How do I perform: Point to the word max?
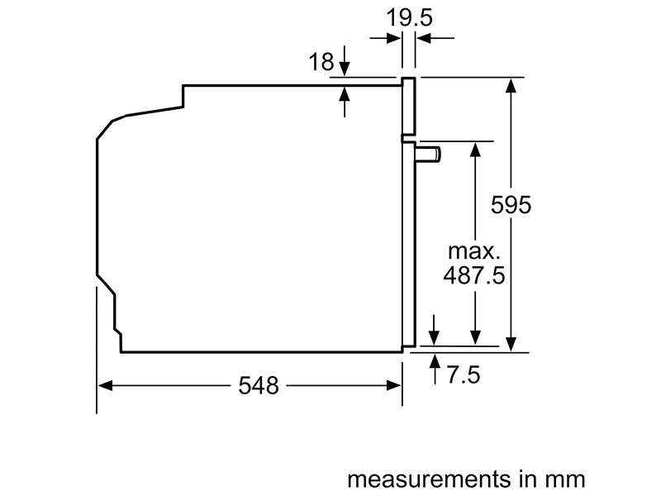tap(475, 250)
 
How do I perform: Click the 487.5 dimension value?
tap(474, 275)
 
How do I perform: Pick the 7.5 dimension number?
tap(463, 375)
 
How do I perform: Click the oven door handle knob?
tap(430, 153)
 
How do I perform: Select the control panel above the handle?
tap(408, 107)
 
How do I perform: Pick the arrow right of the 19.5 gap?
tap(422, 38)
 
